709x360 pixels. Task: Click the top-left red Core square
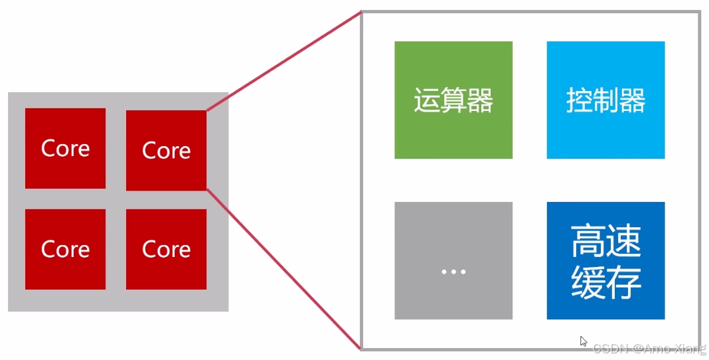pos(65,149)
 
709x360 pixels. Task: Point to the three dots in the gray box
pos(453,272)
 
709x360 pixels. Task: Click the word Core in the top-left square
pos(65,149)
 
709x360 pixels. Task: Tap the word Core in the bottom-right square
pos(166,250)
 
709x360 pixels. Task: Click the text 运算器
pos(453,102)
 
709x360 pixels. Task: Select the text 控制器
pos(605,102)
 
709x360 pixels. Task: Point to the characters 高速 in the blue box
pos(605,242)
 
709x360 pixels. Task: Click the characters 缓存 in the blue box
pos(605,282)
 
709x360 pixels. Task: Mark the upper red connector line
pos(283,61)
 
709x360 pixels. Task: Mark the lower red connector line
pos(283,268)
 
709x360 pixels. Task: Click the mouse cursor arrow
pos(583,341)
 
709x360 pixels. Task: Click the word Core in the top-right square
pos(166,151)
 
